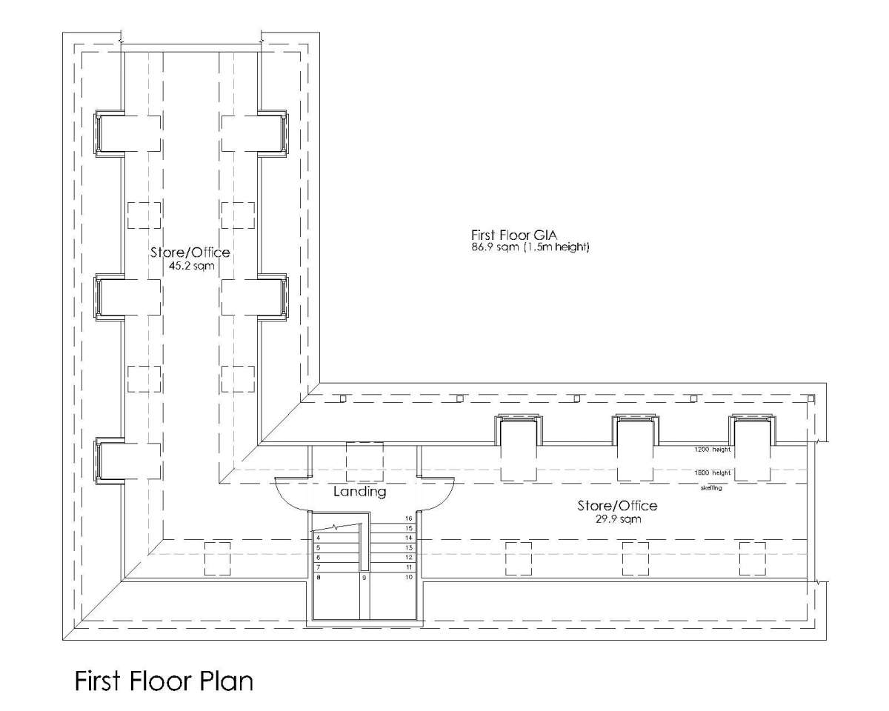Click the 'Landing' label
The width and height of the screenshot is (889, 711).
[x=359, y=491]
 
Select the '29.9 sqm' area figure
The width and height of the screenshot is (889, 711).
[x=617, y=519]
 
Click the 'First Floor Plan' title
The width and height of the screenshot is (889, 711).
[x=163, y=681]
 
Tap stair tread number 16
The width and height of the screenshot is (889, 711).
[x=408, y=518]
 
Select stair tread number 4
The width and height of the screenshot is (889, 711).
[x=318, y=538]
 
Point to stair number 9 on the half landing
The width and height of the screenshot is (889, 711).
[x=364, y=576]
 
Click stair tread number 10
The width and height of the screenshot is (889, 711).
[x=408, y=576]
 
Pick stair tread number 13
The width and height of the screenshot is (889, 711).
[x=408, y=547]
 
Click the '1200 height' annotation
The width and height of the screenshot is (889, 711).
[x=712, y=450]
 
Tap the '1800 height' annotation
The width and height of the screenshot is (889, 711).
[x=712, y=473]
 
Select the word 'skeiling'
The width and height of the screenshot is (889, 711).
[x=712, y=489]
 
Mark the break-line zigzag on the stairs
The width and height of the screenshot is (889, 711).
[x=338, y=528]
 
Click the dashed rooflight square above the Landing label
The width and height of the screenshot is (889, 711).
[x=364, y=461]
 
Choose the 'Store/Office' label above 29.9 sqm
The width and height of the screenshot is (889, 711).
[x=617, y=506]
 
